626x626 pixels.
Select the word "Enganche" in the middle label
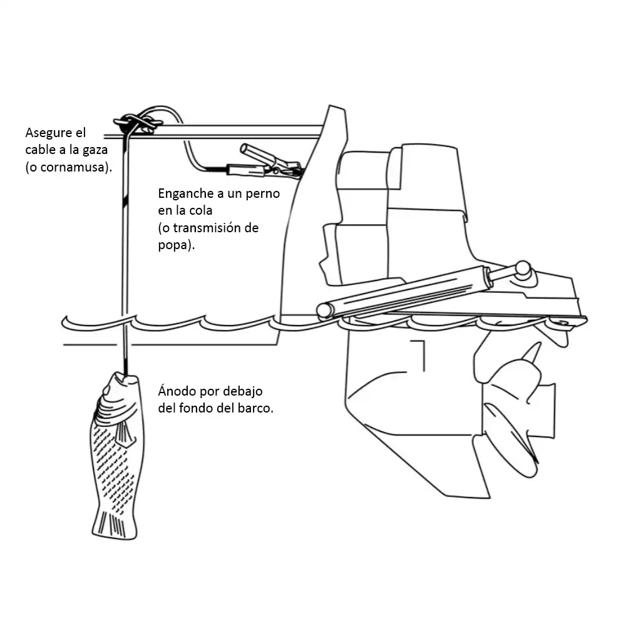coord(186,194)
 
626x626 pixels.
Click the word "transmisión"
coord(206,228)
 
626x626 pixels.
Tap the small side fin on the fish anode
coord(125,434)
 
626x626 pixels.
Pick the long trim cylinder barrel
coord(404,292)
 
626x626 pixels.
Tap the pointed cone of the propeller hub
coord(533,353)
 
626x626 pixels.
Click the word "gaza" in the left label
coord(95,150)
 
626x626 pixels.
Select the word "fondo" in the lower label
coord(195,408)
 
